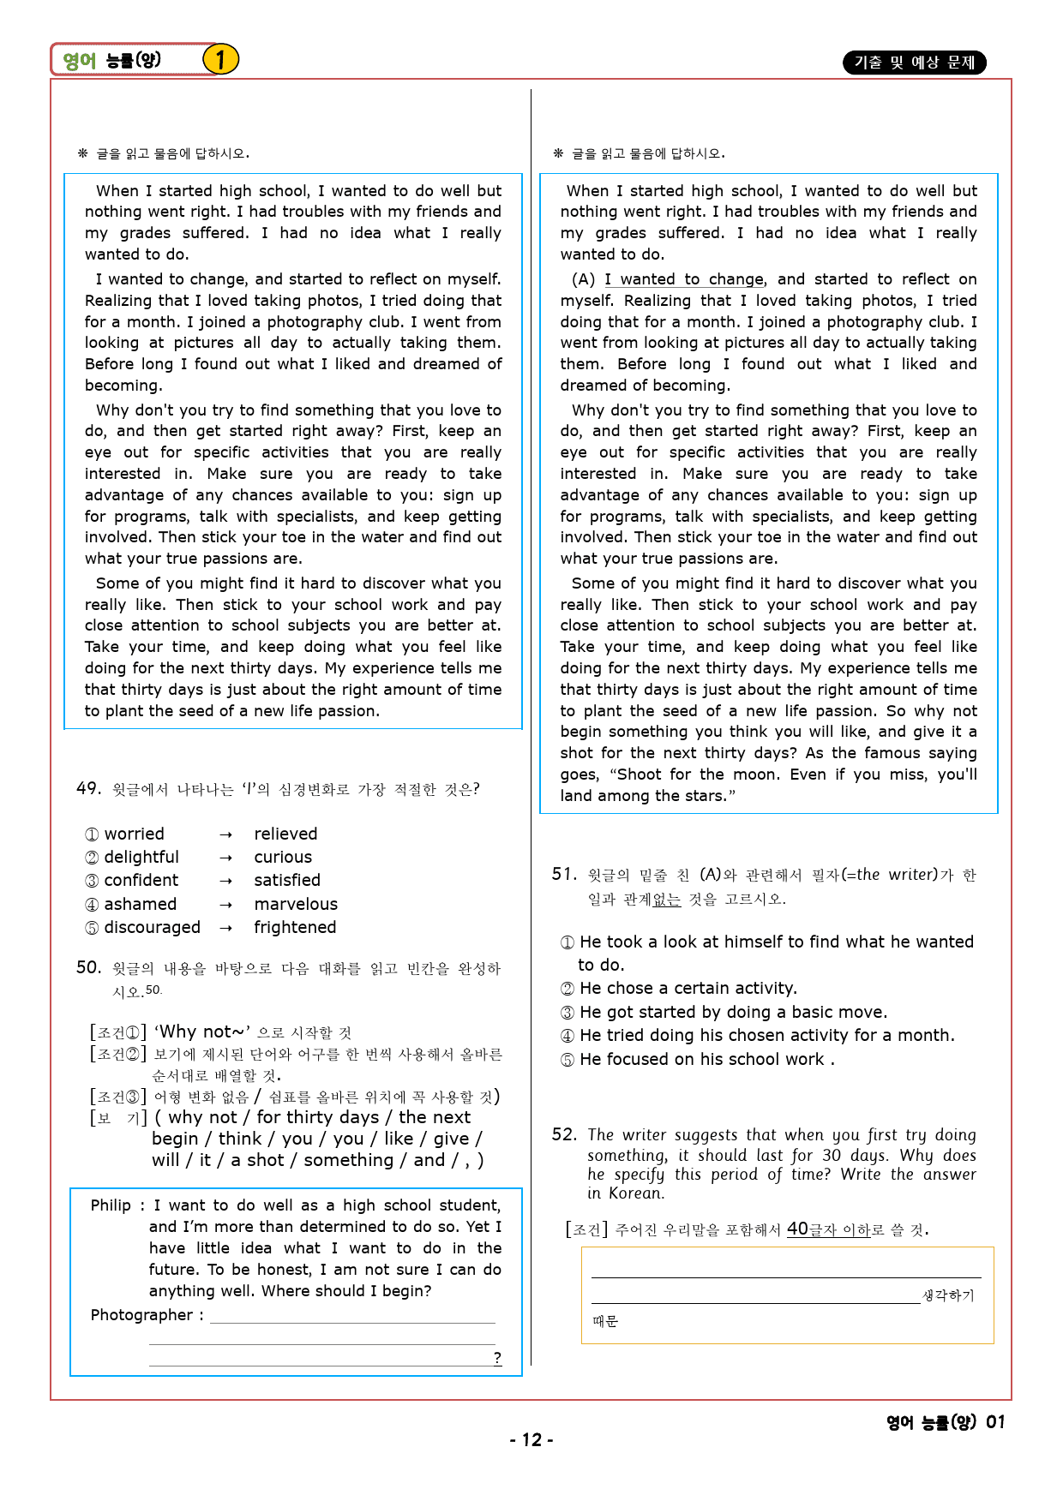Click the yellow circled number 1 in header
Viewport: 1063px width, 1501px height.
coord(220,60)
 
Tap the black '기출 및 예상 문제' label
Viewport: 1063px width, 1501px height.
coord(915,63)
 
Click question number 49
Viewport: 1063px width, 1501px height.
coord(88,788)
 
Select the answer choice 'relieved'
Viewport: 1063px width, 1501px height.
coord(285,834)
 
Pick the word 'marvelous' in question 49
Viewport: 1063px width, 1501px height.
coord(296,904)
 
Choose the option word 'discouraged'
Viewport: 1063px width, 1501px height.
coord(152,927)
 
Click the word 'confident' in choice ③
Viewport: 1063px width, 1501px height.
coord(141,880)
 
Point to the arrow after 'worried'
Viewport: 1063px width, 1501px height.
coord(225,834)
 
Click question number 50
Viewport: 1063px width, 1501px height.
coord(88,967)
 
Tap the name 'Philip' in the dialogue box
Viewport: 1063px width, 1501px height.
coord(111,1205)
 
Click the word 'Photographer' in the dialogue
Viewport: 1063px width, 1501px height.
coord(141,1315)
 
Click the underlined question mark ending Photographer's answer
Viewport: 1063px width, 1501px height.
coord(497,1357)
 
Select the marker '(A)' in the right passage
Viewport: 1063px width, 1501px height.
coord(583,279)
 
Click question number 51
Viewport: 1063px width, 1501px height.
coord(563,874)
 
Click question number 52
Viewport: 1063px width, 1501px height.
coord(564,1134)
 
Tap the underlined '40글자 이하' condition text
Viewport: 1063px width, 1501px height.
coord(828,1229)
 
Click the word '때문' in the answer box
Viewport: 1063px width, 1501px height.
coord(605,1321)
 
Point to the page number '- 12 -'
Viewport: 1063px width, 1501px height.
coord(531,1440)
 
